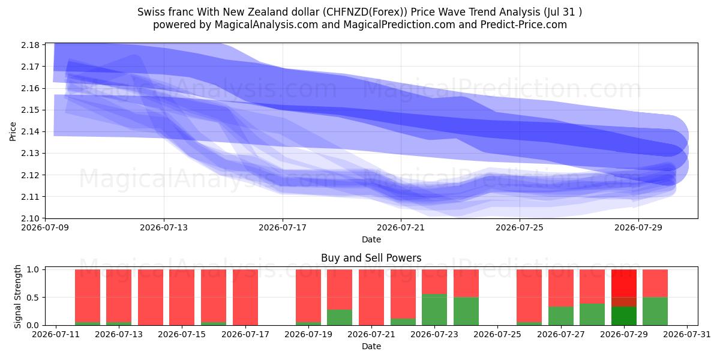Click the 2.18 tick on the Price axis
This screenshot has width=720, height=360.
coord(30,45)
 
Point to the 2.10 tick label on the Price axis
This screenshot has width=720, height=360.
coord(30,218)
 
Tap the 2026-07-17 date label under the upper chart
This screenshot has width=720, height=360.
coord(283,228)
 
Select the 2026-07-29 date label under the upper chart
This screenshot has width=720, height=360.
coord(638,228)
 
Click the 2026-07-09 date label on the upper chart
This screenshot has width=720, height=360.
coord(46,228)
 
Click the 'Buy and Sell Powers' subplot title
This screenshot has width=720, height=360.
coord(371,258)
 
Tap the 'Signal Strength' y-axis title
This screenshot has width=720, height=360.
coord(17,296)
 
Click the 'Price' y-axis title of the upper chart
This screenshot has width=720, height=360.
coord(13,131)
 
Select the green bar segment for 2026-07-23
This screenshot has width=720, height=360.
coord(434,310)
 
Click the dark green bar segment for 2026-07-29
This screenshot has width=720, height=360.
coord(623,316)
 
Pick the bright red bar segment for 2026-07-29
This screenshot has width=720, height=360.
coord(623,283)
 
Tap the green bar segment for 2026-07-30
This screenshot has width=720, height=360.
coord(655,311)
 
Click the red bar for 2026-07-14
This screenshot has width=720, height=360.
coord(151,298)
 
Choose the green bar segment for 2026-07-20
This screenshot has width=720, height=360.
coord(340,317)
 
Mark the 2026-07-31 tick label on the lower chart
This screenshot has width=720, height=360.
coord(687,335)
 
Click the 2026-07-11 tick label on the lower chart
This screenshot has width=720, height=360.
coord(56,335)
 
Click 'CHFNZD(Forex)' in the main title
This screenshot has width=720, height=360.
coord(365,12)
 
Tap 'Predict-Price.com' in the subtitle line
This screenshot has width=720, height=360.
coord(524,25)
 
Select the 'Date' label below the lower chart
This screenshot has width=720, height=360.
coord(371,346)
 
